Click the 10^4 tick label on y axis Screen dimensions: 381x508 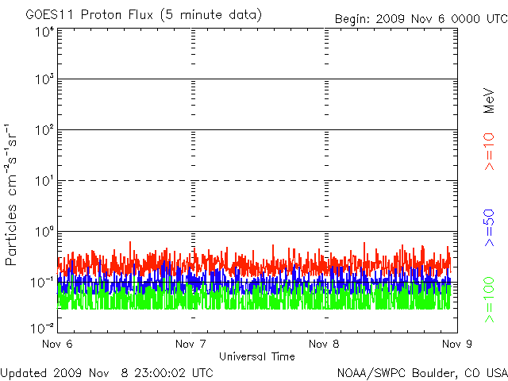point(43,31)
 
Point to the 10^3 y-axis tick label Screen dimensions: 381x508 point(43,80)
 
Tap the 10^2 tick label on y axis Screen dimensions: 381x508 point(43,130)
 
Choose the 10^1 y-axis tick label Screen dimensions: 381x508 point(43,181)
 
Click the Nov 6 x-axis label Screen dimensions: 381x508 point(58,344)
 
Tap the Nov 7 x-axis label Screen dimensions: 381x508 point(191,344)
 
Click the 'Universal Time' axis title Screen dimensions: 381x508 point(257,356)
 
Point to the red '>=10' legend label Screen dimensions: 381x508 point(490,152)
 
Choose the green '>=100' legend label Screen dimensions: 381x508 point(490,300)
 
